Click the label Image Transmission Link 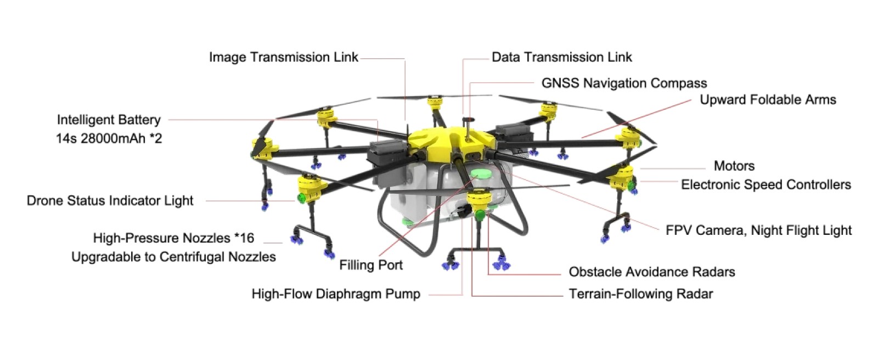(283, 57)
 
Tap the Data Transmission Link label (561, 57)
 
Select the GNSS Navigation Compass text (624, 83)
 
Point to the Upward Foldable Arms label (768, 100)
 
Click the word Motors (734, 166)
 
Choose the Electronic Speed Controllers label (766, 184)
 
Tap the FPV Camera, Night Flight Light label (758, 230)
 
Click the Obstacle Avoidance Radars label (651, 272)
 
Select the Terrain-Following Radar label (640, 294)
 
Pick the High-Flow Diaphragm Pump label (336, 294)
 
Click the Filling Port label (371, 265)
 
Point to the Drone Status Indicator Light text (110, 201)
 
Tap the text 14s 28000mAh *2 (109, 138)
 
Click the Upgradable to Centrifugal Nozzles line (173, 257)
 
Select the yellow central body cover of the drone (439, 139)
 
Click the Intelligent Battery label (109, 120)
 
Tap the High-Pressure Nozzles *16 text (173, 238)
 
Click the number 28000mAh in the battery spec (112, 138)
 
